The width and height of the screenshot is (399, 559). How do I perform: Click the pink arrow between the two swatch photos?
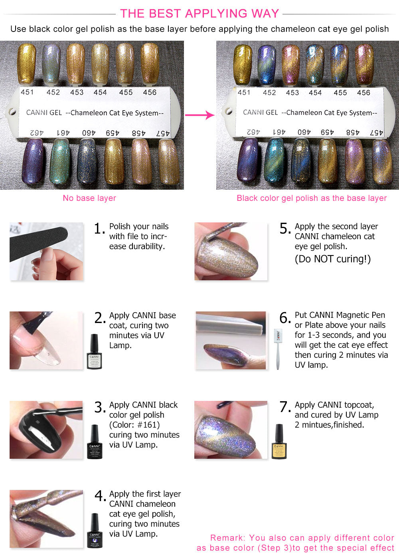click(x=199, y=115)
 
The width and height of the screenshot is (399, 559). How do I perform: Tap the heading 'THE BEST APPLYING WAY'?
click(x=199, y=13)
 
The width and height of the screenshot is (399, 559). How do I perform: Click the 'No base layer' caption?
click(x=89, y=198)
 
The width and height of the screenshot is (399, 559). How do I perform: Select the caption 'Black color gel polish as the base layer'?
click(x=312, y=198)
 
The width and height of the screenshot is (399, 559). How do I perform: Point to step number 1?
click(x=99, y=229)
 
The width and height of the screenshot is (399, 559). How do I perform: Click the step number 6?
click(x=285, y=318)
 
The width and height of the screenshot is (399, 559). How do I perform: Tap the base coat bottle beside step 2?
click(x=94, y=351)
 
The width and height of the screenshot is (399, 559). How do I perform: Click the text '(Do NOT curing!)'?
click(x=333, y=259)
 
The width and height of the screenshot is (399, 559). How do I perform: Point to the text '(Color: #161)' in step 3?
click(x=134, y=425)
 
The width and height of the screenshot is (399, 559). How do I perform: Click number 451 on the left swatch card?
click(x=27, y=92)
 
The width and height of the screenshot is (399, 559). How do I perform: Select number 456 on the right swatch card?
click(x=363, y=93)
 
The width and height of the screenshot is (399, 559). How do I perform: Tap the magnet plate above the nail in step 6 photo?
click(x=229, y=323)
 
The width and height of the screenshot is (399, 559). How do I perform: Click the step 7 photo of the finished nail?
click(x=231, y=430)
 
